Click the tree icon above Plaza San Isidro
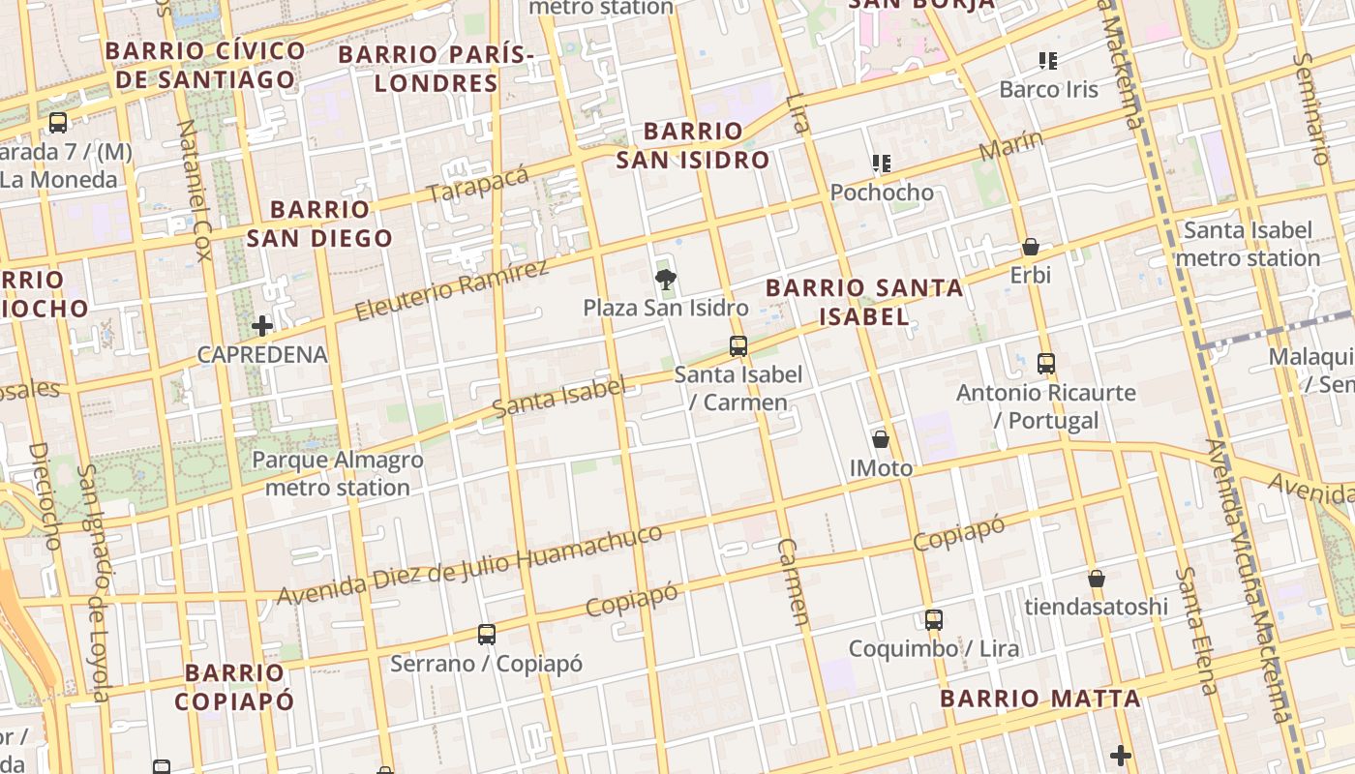click(x=665, y=281)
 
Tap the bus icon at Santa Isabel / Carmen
click(x=738, y=345)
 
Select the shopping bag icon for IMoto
click(x=881, y=439)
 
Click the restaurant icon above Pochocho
click(x=881, y=163)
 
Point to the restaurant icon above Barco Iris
click(x=1047, y=61)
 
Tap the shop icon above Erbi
click(x=1031, y=247)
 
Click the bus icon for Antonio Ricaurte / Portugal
click(x=1046, y=364)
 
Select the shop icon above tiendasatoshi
click(x=1097, y=579)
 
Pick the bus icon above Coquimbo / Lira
click(x=934, y=620)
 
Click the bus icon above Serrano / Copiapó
click(x=487, y=635)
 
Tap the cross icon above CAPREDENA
click(x=262, y=326)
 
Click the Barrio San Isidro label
click(x=693, y=145)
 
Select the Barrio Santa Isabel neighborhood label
click(x=864, y=302)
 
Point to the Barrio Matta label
click(x=1040, y=699)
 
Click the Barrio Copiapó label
click(x=234, y=687)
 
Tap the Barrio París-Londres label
click(x=436, y=68)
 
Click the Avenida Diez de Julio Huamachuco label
click(x=470, y=565)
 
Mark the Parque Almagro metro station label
click(x=338, y=473)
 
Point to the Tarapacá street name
click(x=478, y=184)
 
